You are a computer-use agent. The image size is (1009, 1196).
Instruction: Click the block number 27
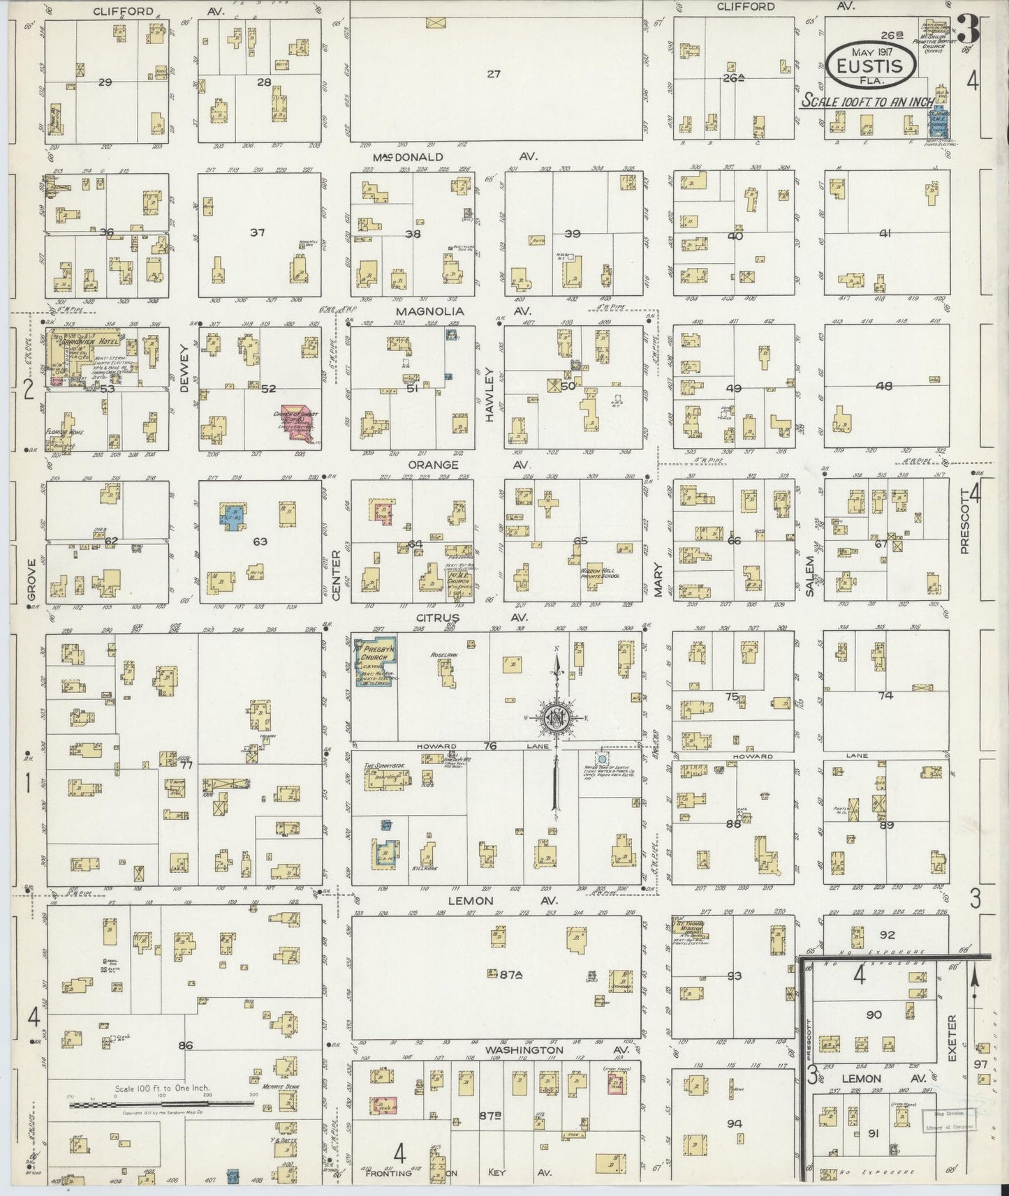pyautogui.click(x=494, y=73)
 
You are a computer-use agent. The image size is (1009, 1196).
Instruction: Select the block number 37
pyautogui.click(x=258, y=233)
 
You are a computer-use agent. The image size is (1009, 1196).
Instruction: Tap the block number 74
pyautogui.click(x=885, y=695)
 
